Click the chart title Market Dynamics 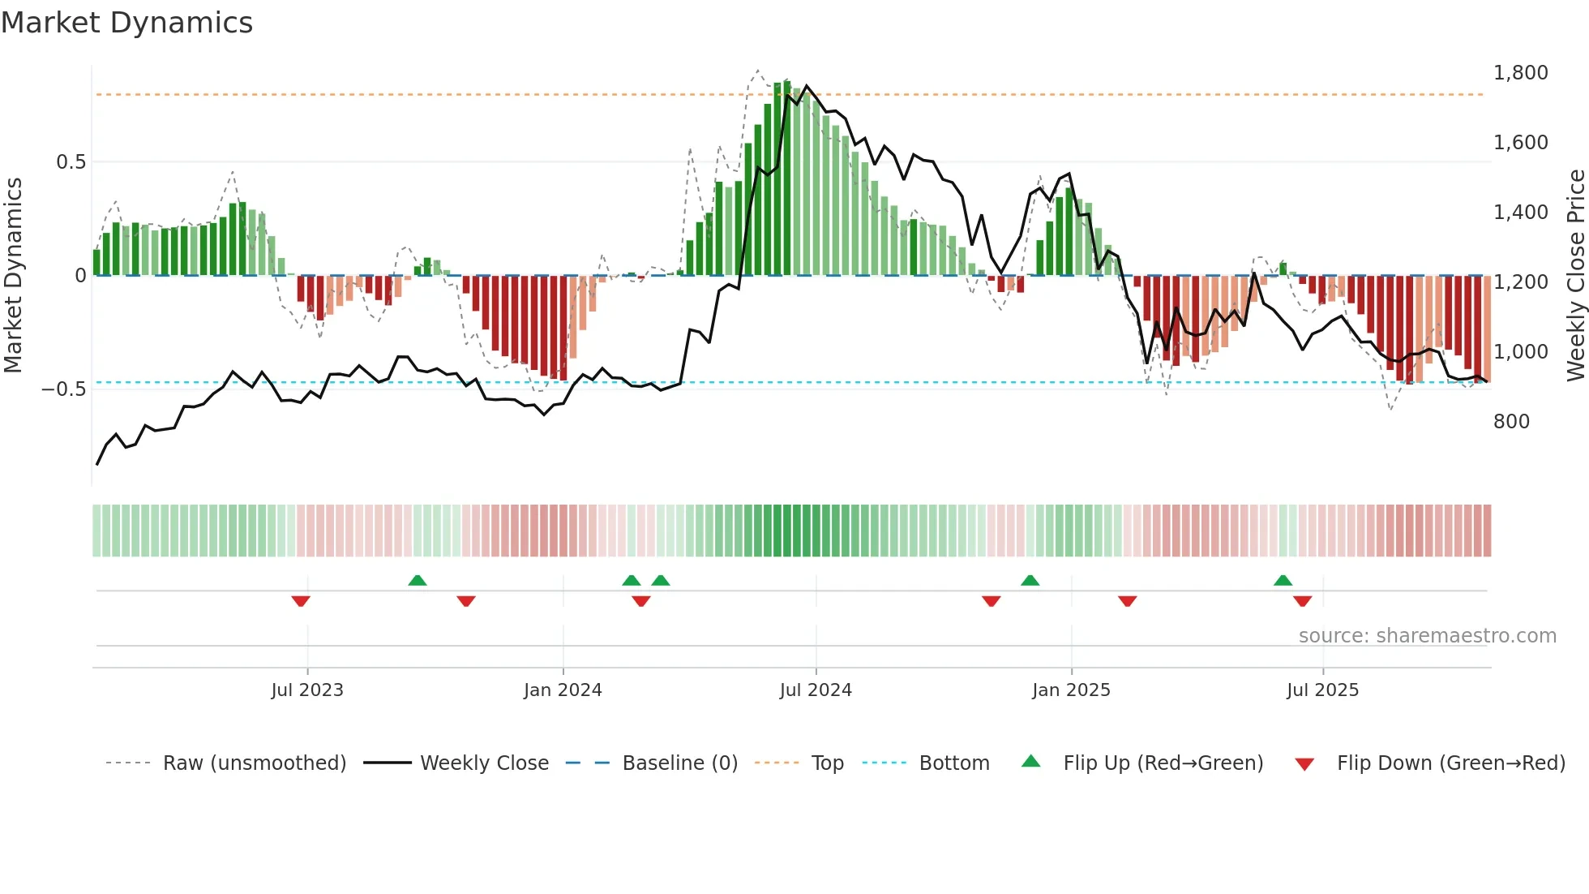click(127, 23)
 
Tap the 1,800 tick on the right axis click(1520, 73)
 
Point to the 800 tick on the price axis click(1511, 422)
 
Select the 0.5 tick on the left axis click(71, 162)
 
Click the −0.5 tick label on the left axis click(64, 389)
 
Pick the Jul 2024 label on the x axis click(815, 690)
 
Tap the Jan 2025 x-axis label click(1070, 690)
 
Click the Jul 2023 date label click(306, 690)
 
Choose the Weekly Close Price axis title click(1575, 276)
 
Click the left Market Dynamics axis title click(13, 276)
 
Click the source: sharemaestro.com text click(1427, 636)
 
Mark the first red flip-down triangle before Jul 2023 click(301, 601)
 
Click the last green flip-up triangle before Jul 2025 click(1283, 580)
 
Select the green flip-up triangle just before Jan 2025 click(1030, 580)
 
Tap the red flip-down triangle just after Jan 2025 click(1127, 601)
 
